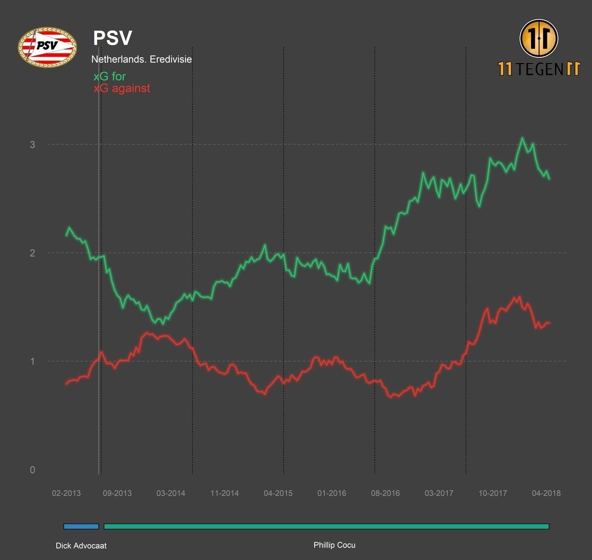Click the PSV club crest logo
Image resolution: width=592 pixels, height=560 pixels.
tap(47, 47)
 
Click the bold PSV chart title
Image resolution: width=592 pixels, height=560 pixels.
tap(112, 39)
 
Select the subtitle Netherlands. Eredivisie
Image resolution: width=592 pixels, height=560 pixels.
tap(142, 59)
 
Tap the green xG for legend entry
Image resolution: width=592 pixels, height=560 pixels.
tap(110, 77)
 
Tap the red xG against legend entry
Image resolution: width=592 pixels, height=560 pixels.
tap(122, 88)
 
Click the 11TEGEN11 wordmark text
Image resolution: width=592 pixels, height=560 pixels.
tap(539, 69)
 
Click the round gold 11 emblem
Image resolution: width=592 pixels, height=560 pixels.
tap(539, 38)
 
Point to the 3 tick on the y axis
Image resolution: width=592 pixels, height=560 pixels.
tap(33, 144)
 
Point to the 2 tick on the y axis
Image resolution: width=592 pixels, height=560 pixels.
tap(33, 253)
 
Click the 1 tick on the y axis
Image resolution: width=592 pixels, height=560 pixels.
tap(33, 361)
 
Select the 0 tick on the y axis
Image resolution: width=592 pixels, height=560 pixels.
tap(33, 470)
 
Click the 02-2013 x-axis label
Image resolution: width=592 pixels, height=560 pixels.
tap(66, 493)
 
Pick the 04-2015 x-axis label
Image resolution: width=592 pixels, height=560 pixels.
tap(278, 493)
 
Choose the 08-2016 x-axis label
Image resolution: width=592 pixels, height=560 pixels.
tap(385, 493)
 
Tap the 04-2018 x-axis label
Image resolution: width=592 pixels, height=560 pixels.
tap(546, 493)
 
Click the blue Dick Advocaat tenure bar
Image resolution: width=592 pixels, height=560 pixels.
tap(81, 526)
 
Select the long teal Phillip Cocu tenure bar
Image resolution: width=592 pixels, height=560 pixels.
tap(326, 526)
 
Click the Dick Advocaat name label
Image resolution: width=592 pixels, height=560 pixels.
tap(81, 546)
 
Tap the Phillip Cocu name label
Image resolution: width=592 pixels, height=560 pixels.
tap(334, 545)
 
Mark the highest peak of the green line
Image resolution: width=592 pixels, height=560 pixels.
tap(522, 138)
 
